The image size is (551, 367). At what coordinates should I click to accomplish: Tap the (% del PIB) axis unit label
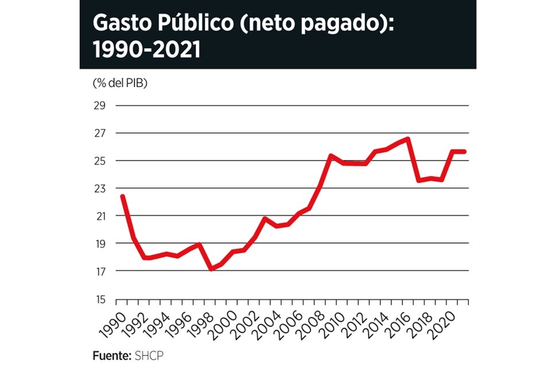[x=120, y=83]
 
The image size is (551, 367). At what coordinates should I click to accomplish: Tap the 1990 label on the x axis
[x=112, y=323]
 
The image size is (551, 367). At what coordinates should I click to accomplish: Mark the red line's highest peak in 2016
[x=408, y=138]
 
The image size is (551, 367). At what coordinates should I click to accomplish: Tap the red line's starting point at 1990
[x=122, y=197]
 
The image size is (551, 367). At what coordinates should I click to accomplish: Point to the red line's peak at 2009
[x=331, y=155]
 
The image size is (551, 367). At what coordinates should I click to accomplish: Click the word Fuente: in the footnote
[x=112, y=356]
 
